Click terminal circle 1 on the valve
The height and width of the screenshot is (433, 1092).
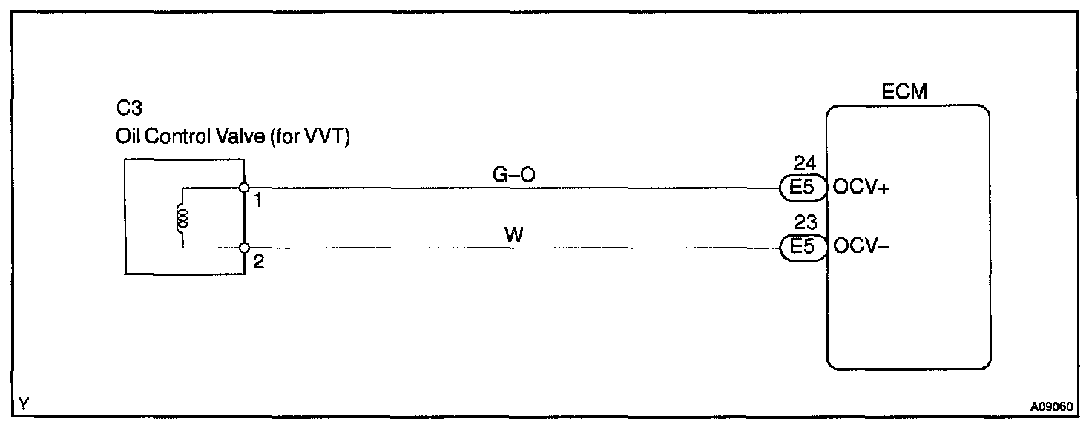pos(244,188)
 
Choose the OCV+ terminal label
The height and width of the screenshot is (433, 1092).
pos(863,188)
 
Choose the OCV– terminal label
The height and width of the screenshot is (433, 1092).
pos(862,247)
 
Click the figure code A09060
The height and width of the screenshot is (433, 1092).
pos(1051,407)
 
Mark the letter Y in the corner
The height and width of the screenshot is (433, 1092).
pos(24,404)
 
